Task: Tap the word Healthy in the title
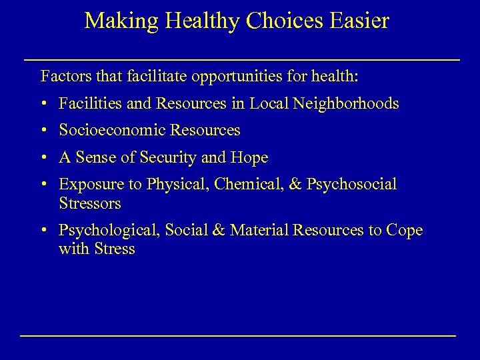coord(194,21)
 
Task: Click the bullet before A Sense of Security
coord(43,158)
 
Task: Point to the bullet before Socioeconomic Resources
coord(43,131)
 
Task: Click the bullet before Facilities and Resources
coord(43,104)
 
